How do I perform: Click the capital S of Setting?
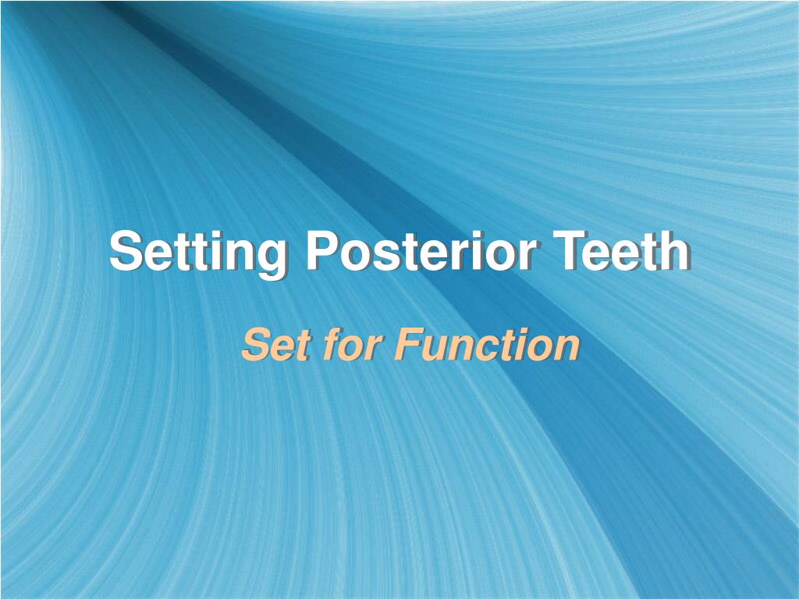(x=125, y=252)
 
